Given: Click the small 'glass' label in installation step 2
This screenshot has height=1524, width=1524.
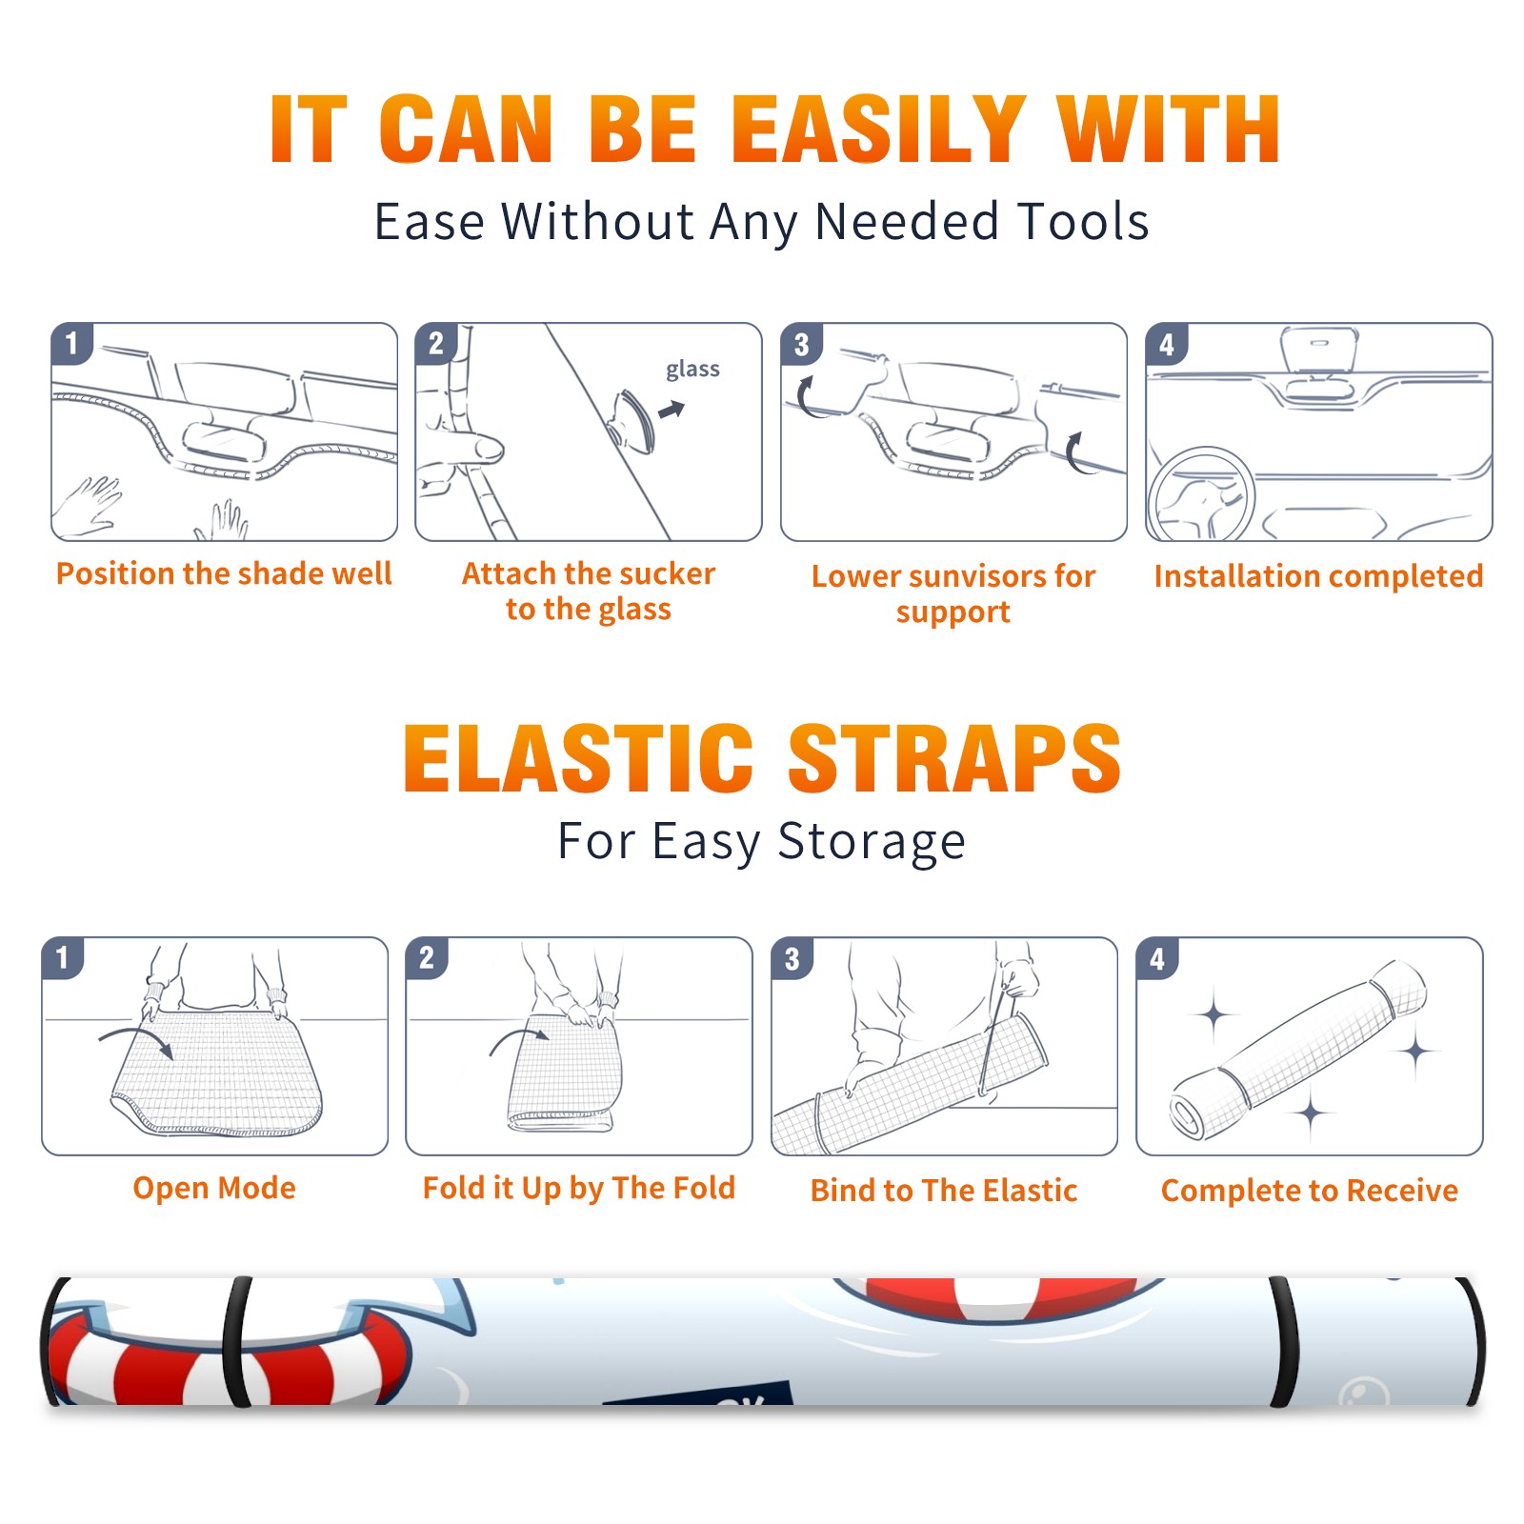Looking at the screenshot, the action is [692, 370].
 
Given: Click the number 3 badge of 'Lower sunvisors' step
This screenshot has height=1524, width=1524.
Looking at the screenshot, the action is [801, 344].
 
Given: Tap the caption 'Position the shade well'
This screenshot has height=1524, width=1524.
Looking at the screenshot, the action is [224, 573].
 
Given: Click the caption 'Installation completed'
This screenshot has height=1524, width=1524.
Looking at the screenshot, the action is [1318, 575].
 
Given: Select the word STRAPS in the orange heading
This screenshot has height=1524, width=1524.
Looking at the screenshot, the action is [954, 758].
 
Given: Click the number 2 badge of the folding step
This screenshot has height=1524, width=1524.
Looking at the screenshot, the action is [426, 958].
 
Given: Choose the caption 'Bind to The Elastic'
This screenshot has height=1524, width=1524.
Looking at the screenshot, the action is [943, 1190].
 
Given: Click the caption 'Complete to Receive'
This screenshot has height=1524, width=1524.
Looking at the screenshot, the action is [1309, 1190].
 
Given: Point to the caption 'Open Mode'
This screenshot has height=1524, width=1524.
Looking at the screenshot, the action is [214, 1188].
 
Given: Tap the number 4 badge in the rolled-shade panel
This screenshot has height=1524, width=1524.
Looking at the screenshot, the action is [1156, 958].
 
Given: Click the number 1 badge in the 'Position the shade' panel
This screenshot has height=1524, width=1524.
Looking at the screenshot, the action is [71, 343].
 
